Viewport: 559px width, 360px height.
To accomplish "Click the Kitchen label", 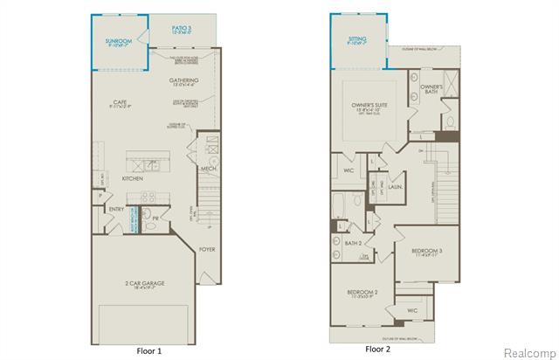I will (x=132, y=178).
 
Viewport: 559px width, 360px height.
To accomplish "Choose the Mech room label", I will (x=208, y=169).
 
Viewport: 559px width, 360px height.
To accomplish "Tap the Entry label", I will (x=116, y=209).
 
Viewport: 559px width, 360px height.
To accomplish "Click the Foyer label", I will (x=206, y=249).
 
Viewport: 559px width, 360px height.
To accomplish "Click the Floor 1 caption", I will (x=148, y=350).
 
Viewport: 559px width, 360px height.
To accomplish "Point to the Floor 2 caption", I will (x=377, y=350).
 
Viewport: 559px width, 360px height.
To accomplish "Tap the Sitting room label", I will (x=358, y=39).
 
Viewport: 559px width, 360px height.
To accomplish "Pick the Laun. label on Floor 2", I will (x=394, y=186).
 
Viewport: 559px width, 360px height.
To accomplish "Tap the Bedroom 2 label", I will (x=362, y=292).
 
